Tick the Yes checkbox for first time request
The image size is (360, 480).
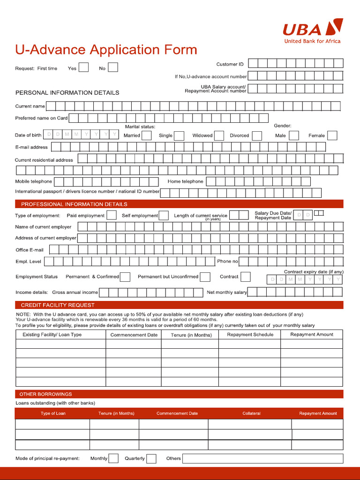coord(83,67)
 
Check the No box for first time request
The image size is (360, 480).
coord(113,67)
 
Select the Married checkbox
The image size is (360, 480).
coord(147,135)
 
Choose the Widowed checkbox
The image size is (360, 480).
coord(219,135)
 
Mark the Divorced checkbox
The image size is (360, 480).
coord(257,135)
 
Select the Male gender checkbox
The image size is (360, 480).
coord(294,135)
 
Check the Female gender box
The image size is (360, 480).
coord(332,135)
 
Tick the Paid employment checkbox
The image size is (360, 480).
coord(112,215)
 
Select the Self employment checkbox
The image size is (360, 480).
coord(164,215)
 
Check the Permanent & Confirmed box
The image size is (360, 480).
coord(126,277)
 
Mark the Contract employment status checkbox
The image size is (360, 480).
coord(246,277)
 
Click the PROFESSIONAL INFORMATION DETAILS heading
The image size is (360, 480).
coord(74,204)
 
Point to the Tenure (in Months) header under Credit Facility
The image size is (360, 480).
coord(191,335)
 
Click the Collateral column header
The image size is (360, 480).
coord(251,413)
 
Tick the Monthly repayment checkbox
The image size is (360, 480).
coord(113,458)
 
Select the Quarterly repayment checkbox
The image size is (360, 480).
coord(151,458)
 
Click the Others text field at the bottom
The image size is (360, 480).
coord(262,458)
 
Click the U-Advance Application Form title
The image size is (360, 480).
coord(106,50)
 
